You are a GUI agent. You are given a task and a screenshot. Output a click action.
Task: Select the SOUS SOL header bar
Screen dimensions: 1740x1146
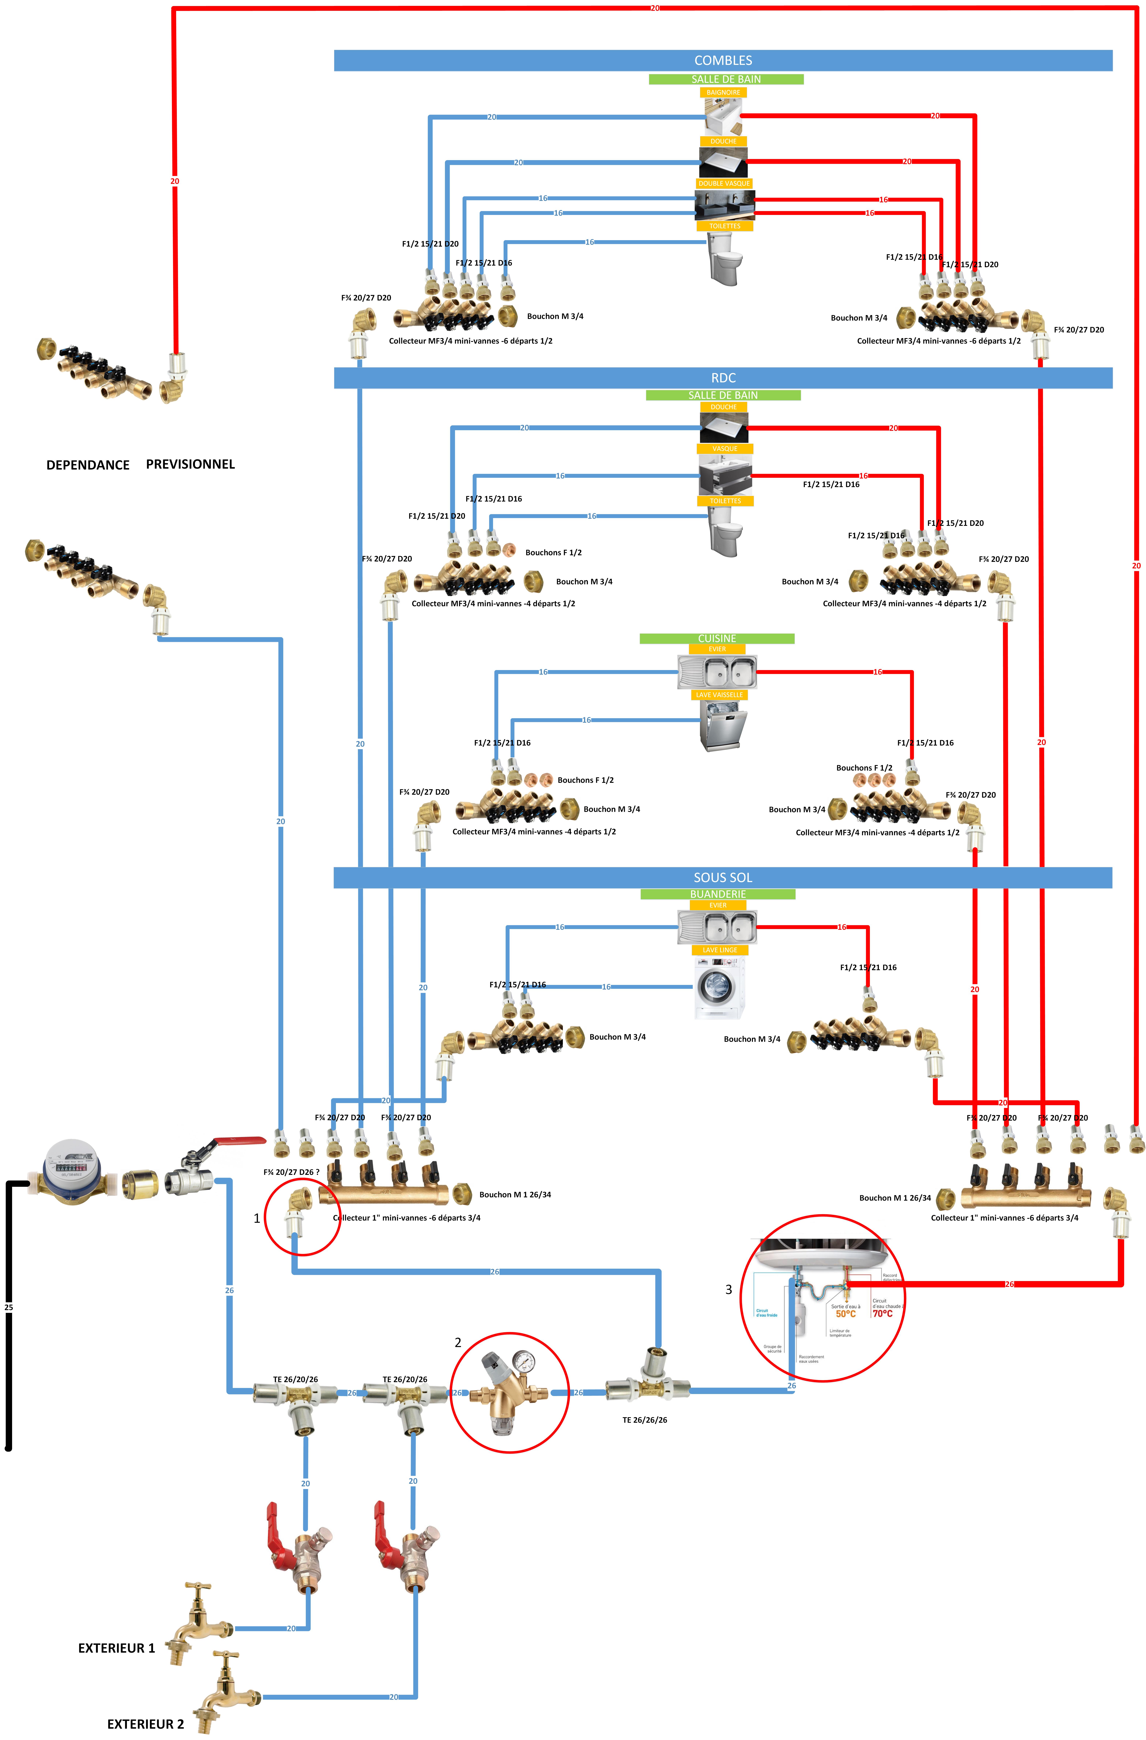pos(722,877)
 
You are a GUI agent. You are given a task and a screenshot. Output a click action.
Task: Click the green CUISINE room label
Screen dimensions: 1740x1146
pos(717,638)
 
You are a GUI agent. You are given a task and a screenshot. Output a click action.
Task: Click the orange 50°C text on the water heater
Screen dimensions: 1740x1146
pos(845,1314)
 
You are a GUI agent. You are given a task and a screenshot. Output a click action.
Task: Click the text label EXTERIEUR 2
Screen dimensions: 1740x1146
pos(146,1724)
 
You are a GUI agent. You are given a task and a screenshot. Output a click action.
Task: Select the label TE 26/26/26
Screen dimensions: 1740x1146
pos(644,1420)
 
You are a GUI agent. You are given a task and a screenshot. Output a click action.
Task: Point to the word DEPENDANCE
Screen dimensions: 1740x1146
pos(88,465)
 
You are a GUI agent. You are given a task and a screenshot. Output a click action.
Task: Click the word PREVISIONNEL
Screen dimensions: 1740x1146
pos(190,464)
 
